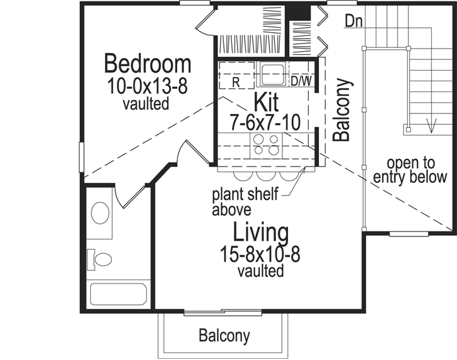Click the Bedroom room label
(148, 64)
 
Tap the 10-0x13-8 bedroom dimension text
(148, 86)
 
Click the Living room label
(261, 233)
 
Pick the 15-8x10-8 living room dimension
(261, 255)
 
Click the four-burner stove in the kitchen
(265, 144)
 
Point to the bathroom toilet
(100, 258)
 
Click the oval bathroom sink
(100, 212)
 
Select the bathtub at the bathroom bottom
(118, 294)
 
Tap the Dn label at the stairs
(353, 21)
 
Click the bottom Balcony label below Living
(224, 336)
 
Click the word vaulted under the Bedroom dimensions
(146, 103)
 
